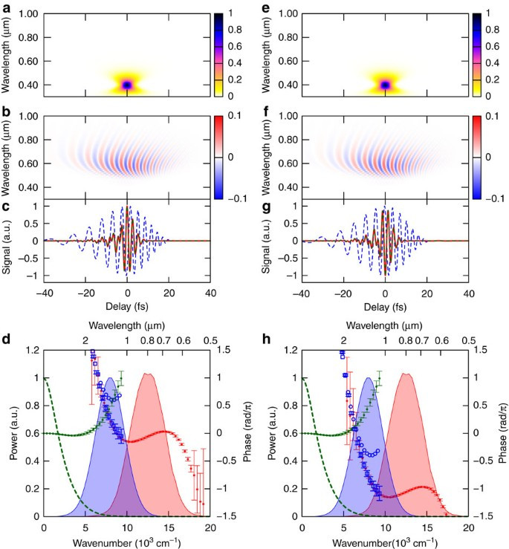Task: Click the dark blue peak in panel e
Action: [x=385, y=85]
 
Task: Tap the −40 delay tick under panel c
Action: [x=44, y=293]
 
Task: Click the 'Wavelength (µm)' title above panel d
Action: [x=128, y=325]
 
